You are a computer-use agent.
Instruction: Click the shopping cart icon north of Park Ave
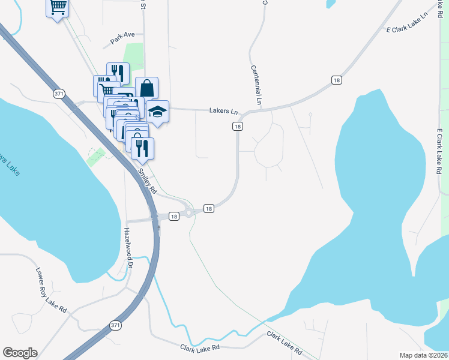coord(58,8)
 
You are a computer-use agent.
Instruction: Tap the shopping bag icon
coord(146,88)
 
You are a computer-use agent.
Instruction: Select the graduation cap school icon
coord(158,112)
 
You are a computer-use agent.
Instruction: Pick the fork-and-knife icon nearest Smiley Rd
coord(142,148)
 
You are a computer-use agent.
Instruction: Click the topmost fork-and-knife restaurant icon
coord(118,74)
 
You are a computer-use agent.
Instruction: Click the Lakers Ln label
coord(224,111)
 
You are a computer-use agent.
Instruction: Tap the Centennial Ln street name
coord(256,85)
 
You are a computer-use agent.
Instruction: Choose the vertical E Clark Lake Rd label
coord(440,151)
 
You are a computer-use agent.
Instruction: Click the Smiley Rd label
coord(147,181)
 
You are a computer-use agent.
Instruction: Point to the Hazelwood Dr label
coord(128,247)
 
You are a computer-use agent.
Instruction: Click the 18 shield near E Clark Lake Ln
coord(336,80)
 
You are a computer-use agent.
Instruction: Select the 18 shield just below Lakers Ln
coord(238,126)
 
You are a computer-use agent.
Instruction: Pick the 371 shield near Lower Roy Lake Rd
coord(116,325)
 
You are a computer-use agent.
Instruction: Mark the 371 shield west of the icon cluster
coord(59,94)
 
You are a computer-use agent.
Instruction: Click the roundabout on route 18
coord(190,212)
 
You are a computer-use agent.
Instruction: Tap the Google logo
coord(20,353)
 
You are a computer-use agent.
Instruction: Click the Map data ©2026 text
coord(423,355)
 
